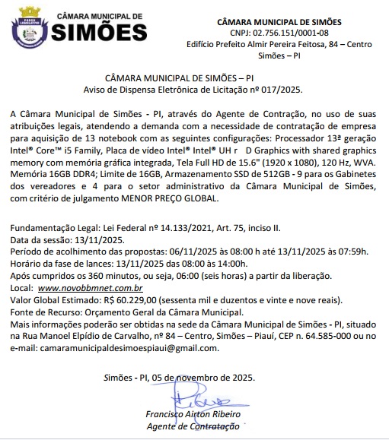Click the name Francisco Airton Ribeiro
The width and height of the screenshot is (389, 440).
coord(193,415)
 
